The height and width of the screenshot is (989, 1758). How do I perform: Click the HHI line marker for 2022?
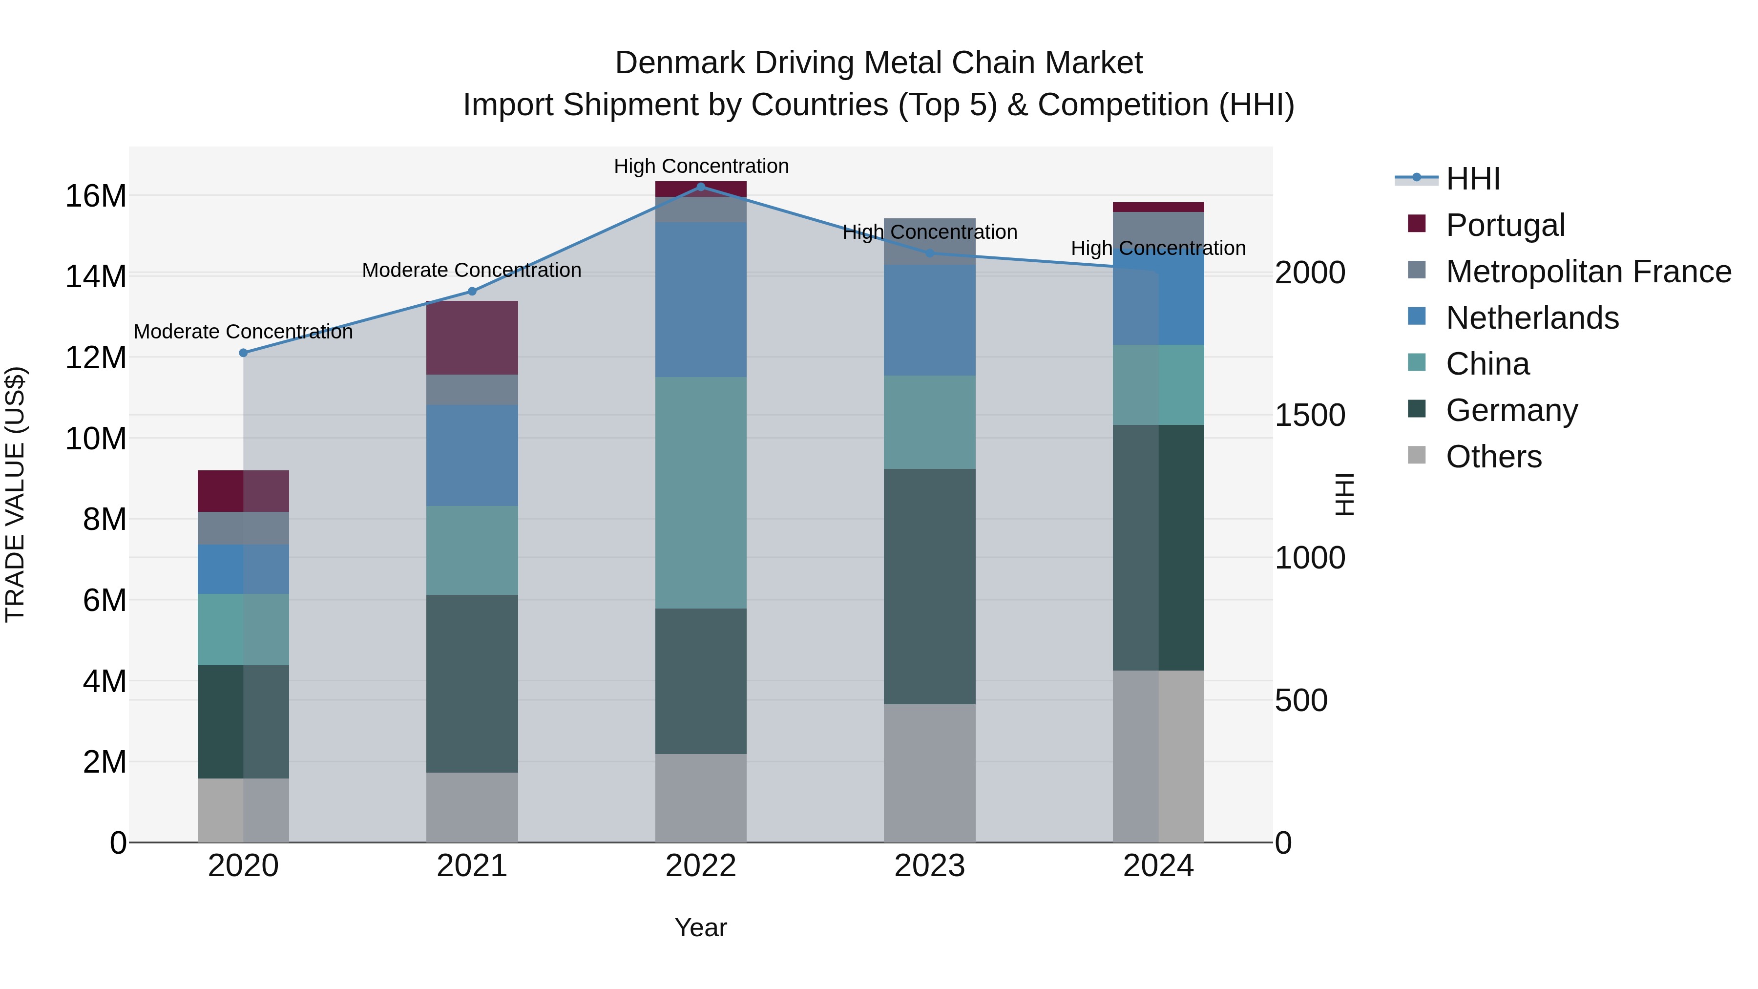pos(700,187)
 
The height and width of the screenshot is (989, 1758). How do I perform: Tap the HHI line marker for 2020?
pos(243,353)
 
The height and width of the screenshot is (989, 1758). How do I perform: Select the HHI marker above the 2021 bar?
pos(472,292)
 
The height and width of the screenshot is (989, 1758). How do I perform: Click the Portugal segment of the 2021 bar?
pos(472,338)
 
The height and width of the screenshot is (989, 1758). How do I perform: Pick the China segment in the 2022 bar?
pos(700,492)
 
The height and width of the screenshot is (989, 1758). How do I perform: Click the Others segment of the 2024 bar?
pos(1158,756)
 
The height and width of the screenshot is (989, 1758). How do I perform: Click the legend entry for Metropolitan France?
pos(1588,272)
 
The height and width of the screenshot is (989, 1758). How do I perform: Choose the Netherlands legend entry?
pos(1532,318)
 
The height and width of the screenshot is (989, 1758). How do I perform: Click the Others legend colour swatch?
pos(1417,455)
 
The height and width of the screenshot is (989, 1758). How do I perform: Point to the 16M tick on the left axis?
pos(96,196)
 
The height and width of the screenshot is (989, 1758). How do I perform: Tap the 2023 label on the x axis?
pos(929,866)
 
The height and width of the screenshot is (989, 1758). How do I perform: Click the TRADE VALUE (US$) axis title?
pos(15,494)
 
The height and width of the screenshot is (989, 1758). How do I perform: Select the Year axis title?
pos(700,927)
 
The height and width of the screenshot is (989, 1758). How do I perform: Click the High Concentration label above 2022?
pos(701,166)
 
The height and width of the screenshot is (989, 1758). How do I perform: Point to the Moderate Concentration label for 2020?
pos(243,332)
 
